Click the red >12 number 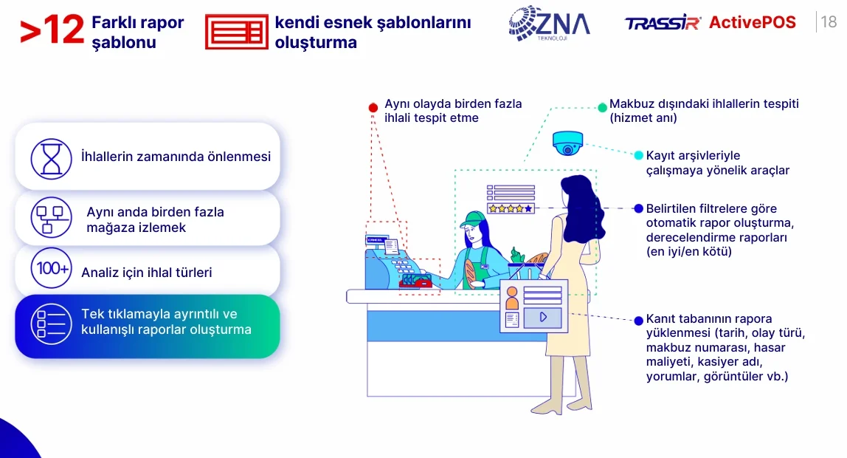[52, 30]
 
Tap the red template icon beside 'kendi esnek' [237, 32]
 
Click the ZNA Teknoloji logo [549, 23]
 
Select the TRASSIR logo [663, 23]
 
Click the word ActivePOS [753, 22]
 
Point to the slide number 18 [828, 21]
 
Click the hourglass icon [52, 159]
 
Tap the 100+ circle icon [52, 268]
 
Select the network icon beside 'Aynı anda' [52, 218]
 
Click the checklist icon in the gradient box [52, 324]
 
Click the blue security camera [567, 143]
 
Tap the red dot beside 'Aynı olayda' [373, 108]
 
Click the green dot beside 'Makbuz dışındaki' [602, 107]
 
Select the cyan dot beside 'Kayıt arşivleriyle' [638, 155]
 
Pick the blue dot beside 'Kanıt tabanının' [638, 321]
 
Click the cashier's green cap [473, 219]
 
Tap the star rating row [511, 208]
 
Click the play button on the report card [543, 317]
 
